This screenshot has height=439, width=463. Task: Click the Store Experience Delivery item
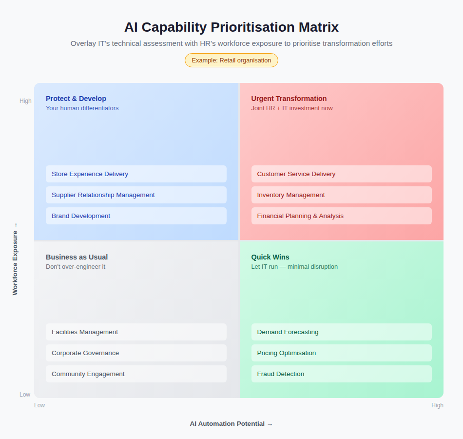(136, 174)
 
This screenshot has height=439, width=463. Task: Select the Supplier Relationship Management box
(136, 195)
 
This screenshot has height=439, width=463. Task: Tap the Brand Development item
(136, 216)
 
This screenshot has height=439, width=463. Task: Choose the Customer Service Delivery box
(341, 174)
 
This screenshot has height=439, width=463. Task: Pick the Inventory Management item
(341, 195)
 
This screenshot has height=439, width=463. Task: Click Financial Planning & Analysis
(341, 216)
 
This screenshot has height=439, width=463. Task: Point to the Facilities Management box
(136, 332)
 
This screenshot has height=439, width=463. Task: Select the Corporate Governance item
(136, 353)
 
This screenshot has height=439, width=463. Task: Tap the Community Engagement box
(136, 374)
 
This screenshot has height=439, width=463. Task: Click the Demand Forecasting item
(341, 332)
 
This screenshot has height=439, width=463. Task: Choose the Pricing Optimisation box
(341, 353)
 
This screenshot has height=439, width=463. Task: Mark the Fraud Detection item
(341, 374)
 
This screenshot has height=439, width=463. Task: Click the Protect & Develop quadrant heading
(76, 99)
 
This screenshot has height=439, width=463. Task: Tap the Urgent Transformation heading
(289, 99)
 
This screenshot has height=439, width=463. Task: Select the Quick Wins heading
(270, 257)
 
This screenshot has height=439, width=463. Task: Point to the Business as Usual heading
(77, 257)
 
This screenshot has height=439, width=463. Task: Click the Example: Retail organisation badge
(231, 60)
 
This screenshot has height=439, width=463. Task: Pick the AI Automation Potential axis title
(231, 424)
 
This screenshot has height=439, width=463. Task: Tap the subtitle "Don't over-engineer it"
(76, 267)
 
